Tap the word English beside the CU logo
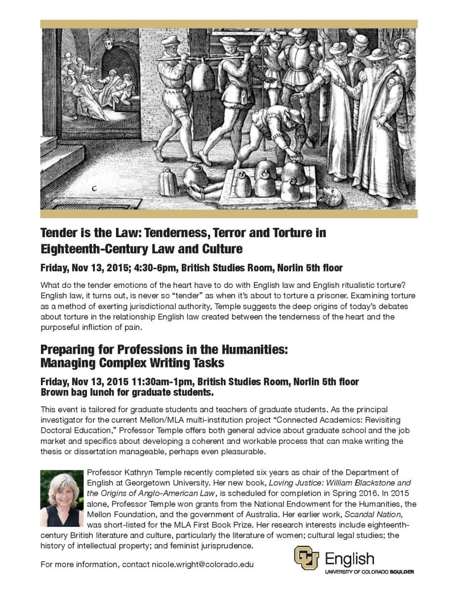(349, 559)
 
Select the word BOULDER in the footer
(401, 572)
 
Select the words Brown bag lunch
(77, 393)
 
